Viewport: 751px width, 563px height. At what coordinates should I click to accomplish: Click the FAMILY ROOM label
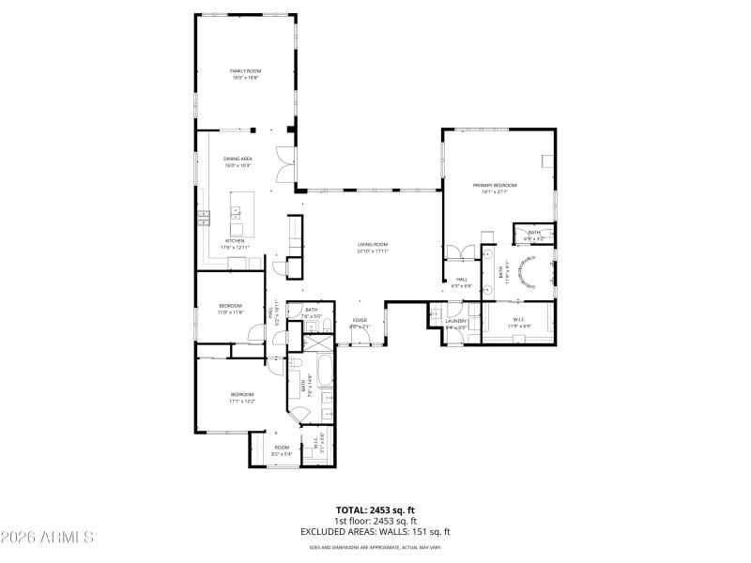click(246, 75)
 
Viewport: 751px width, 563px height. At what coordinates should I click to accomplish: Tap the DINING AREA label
click(238, 162)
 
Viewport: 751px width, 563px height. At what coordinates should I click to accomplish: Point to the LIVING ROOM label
click(373, 247)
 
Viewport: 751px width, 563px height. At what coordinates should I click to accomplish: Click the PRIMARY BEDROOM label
click(495, 189)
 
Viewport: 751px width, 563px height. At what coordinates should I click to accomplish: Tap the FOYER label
click(360, 323)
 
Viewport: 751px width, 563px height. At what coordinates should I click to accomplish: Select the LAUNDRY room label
click(456, 324)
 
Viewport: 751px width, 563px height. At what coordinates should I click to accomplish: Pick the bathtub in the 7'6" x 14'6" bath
click(325, 373)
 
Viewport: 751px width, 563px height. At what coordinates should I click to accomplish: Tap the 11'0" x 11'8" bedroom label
click(231, 309)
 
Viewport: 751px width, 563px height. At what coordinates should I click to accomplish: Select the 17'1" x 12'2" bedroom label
click(242, 397)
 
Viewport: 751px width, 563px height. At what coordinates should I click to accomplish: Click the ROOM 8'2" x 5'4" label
click(282, 450)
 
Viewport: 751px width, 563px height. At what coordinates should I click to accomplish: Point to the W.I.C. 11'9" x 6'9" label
click(518, 324)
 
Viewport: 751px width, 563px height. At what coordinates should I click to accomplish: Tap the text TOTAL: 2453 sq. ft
click(375, 510)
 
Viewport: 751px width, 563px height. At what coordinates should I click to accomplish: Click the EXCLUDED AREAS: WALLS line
click(375, 531)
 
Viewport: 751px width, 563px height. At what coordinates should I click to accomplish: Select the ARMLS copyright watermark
click(47, 538)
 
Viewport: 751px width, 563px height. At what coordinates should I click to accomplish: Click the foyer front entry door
click(360, 344)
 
